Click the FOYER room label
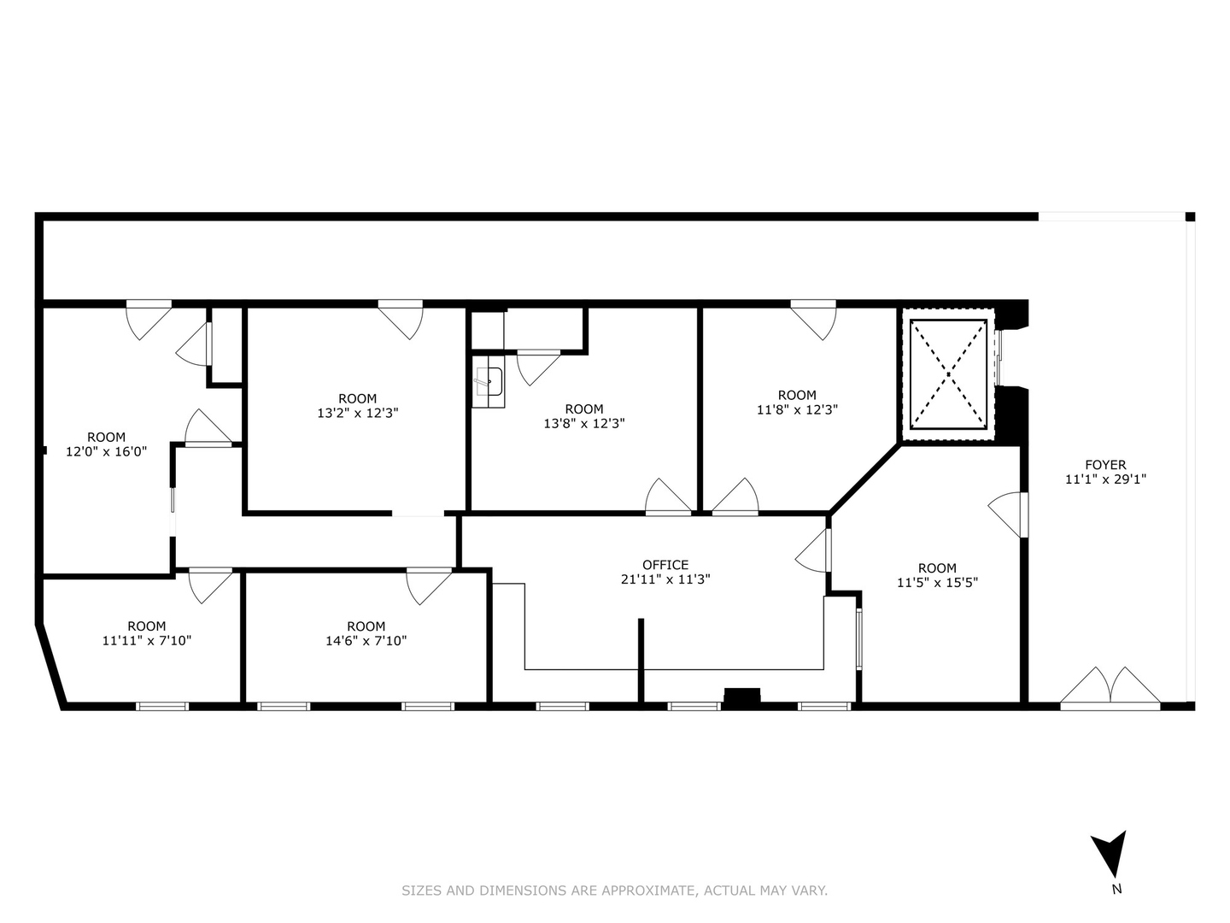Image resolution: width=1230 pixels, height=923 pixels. coord(1105,465)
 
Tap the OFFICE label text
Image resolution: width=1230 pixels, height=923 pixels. coord(665,565)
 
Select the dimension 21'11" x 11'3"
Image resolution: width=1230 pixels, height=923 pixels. coord(665,579)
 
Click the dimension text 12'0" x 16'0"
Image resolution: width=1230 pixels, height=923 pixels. coord(107,452)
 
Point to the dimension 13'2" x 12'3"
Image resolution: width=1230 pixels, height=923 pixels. coord(358,413)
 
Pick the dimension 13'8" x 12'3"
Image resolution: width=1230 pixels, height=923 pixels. coord(584,424)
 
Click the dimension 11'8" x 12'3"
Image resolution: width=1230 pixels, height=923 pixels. coord(797,409)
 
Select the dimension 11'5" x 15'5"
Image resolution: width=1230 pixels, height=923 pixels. coord(937,583)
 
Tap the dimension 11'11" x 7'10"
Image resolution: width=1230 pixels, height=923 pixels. coord(147,641)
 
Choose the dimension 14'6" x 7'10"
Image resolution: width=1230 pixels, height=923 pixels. coord(366,641)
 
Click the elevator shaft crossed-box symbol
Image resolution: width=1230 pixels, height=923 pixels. coord(947,374)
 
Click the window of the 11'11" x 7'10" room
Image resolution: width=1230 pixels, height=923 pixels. coord(162,706)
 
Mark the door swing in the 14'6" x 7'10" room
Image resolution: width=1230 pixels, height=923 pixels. coord(429,586)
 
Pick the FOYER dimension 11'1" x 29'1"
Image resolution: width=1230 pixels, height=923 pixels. coord(1105,479)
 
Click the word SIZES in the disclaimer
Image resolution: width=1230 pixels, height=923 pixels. coord(422,891)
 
